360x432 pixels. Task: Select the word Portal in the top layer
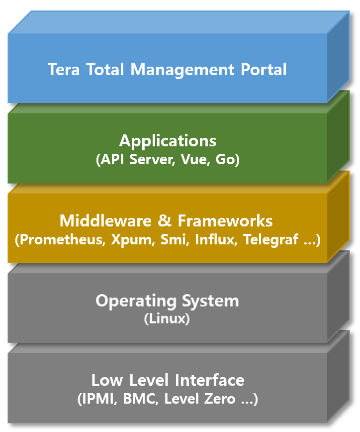tap(264, 69)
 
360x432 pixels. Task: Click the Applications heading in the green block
tap(168, 141)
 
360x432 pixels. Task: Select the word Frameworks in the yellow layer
tap(225, 220)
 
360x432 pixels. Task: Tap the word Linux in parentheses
tap(167, 319)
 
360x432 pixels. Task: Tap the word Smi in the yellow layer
tap(173, 240)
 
